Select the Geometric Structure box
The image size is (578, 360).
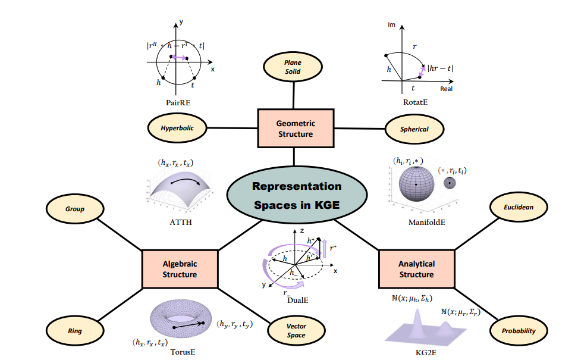coord(296,129)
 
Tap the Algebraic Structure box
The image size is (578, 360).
coord(180,269)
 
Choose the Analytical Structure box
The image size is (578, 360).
coord(416,269)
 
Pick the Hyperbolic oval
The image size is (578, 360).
coord(177,128)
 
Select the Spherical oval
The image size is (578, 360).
coord(414,129)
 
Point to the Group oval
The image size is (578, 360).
coord(75,209)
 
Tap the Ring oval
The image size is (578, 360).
coord(75,330)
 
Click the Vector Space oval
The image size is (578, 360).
coord(296,331)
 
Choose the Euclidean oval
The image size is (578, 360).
coord(519,208)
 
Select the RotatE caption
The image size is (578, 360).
coord(417,102)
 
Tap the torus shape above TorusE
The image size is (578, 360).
coord(180,321)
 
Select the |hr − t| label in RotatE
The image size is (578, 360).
coord(440,68)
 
